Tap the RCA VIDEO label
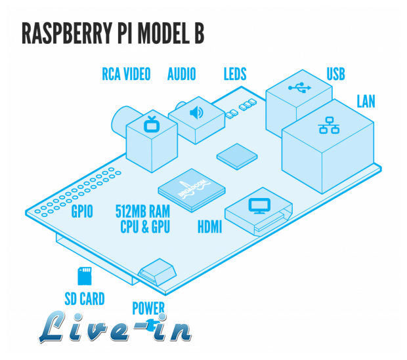click(x=126, y=73)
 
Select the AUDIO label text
click(x=182, y=73)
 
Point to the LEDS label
click(x=235, y=73)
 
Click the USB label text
click(x=335, y=73)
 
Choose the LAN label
click(x=366, y=101)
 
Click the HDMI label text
click(x=209, y=228)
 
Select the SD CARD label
click(x=85, y=299)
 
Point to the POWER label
click(x=148, y=308)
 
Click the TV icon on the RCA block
click(x=152, y=122)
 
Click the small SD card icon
click(x=83, y=273)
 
